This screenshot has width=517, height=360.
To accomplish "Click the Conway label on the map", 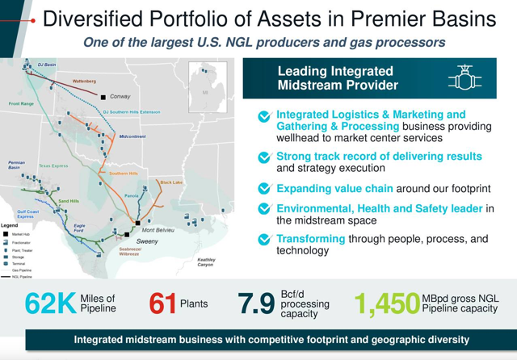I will click(120, 96).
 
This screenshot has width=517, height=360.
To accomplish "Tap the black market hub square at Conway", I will click(103, 97).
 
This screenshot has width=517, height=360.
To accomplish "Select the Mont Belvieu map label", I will click(158, 230).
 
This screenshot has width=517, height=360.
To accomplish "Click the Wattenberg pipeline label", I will click(84, 81).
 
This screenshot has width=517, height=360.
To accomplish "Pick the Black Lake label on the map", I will click(171, 182).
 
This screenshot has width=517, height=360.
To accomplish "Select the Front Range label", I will click(21, 103).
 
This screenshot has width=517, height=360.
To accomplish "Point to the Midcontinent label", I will click(132, 136).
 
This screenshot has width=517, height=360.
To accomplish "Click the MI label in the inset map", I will click(205, 92).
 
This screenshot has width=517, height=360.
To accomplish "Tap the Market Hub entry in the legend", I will click(22, 234).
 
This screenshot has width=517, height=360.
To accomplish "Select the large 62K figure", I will click(51, 303).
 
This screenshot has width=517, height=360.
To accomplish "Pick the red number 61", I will click(162, 303).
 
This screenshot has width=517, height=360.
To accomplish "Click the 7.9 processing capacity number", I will click(257, 303).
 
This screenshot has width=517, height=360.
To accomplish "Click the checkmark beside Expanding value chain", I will click(264, 188).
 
